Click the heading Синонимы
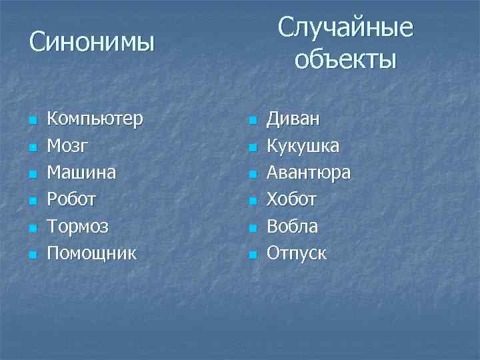point(92,43)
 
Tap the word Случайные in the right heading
point(345,28)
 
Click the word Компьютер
point(95,119)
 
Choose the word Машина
point(81,173)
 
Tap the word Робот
point(72,199)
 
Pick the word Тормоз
point(78,226)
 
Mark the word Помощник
point(92,253)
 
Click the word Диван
point(293,119)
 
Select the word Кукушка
point(303,146)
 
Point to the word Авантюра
point(309,173)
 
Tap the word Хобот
point(291,199)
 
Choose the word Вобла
point(292,226)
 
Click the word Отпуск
point(297,253)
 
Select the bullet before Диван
point(252,121)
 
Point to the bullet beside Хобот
point(252,201)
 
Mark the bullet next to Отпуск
point(252,255)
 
